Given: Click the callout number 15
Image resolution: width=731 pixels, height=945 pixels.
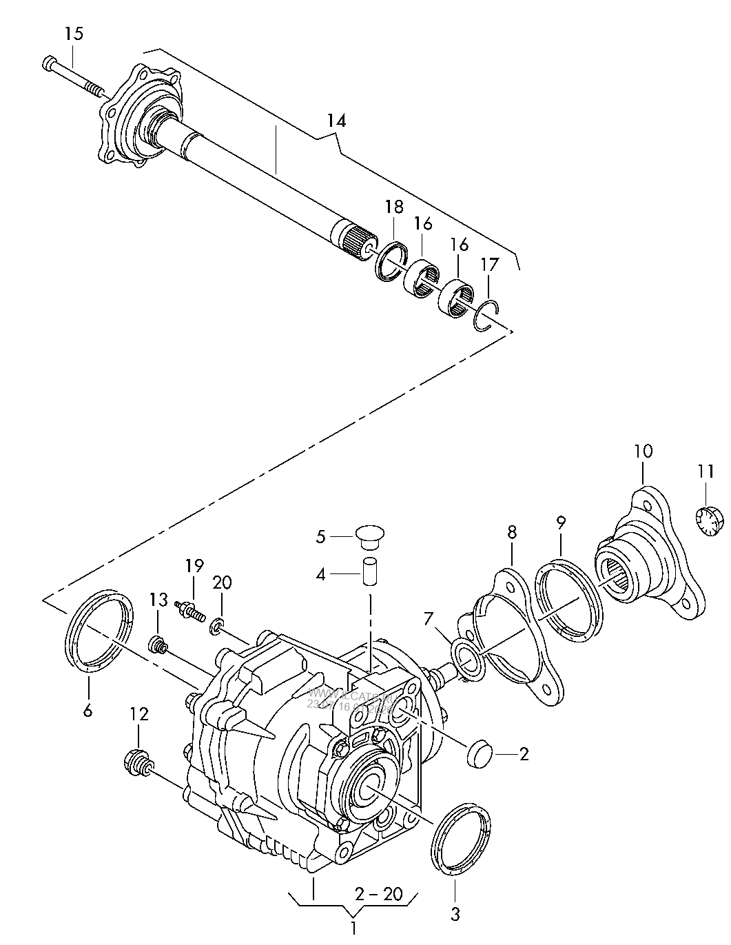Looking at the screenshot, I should tap(74, 33).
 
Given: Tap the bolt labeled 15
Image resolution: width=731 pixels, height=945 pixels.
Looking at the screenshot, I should tap(72, 77).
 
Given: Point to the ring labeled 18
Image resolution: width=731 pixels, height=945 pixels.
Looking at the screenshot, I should tap(391, 261).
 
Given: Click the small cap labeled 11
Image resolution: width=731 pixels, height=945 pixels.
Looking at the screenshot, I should tap(706, 520).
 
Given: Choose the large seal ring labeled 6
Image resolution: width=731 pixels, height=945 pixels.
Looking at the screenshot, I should tap(101, 631).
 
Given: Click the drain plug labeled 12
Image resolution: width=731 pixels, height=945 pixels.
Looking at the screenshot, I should tap(136, 763).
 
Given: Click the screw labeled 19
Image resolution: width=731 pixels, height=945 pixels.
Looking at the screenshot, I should tap(191, 609).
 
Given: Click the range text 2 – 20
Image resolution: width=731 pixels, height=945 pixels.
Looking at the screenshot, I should tap(378, 894).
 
